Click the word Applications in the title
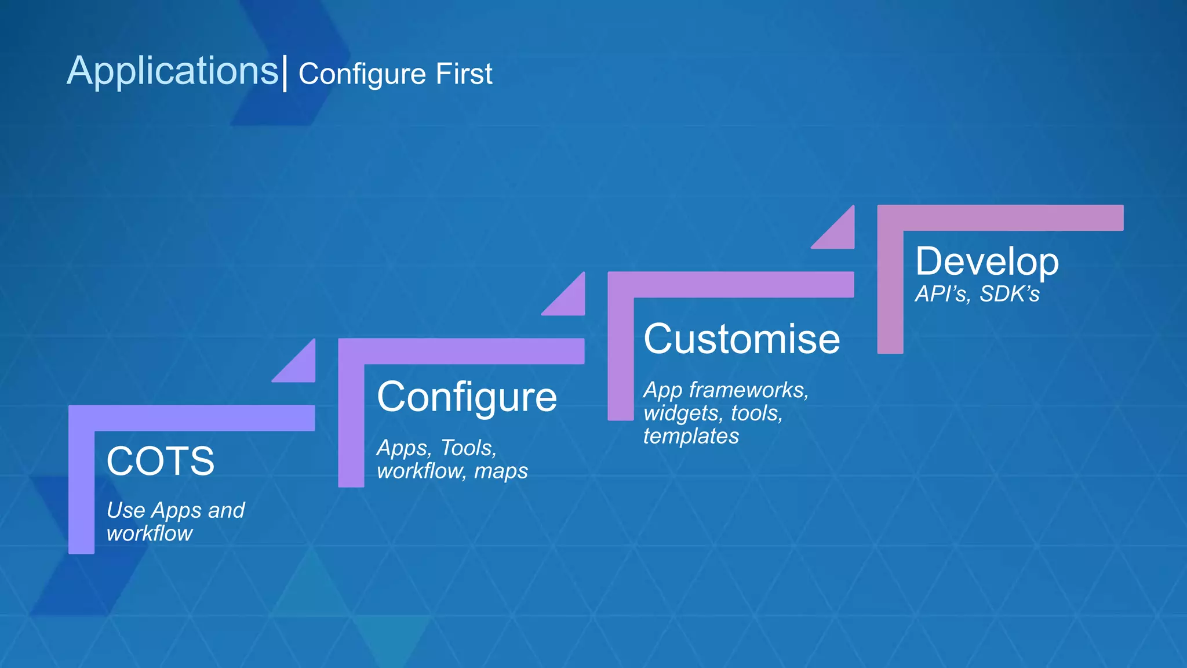(172, 71)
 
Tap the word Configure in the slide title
(362, 74)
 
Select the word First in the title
(464, 74)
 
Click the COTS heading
(161, 462)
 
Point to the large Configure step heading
(467, 398)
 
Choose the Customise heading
(741, 339)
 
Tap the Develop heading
(986, 262)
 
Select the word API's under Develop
(942, 294)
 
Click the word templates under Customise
(691, 436)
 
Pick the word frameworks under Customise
(748, 390)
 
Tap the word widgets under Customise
(681, 413)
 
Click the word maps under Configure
(501, 471)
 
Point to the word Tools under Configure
(468, 448)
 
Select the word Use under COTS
(125, 510)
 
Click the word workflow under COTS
(150, 533)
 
